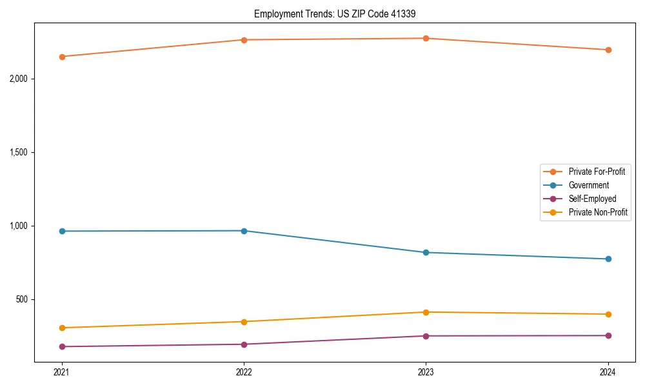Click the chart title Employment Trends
tap(339, 14)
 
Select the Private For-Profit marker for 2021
tap(62, 57)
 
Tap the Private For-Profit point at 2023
tap(426, 38)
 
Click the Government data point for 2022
tap(244, 230)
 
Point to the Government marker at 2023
tap(426, 252)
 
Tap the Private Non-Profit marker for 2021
tap(62, 328)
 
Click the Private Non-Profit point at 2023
tap(426, 312)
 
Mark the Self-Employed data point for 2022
tap(244, 344)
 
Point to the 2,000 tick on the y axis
tap(23, 79)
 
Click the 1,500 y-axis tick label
tap(23, 152)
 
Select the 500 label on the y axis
tap(26, 299)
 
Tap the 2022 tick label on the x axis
tap(244, 372)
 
